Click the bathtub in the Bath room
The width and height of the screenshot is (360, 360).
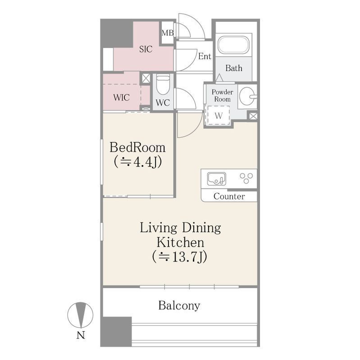click(233, 45)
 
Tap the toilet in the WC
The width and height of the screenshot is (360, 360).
click(163, 85)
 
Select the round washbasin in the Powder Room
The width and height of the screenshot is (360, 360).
click(248, 96)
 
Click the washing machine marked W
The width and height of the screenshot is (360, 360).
click(219, 115)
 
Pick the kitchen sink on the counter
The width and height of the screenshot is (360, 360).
click(216, 179)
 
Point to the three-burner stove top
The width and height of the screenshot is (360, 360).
click(246, 178)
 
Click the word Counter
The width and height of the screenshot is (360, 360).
click(229, 196)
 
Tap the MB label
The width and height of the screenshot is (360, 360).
click(168, 33)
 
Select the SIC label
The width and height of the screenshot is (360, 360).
click(146, 49)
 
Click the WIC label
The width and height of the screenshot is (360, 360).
click(121, 98)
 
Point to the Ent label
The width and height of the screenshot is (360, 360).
click(205, 56)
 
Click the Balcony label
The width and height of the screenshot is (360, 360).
click(179, 306)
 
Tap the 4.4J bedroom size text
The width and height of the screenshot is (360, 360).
click(138, 162)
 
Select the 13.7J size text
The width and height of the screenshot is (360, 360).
click(179, 256)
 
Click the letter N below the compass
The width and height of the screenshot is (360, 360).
click(81, 335)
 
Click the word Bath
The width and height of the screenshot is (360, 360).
click(234, 68)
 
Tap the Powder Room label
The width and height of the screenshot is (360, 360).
click(222, 95)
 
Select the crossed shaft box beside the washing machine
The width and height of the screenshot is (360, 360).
click(253, 116)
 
